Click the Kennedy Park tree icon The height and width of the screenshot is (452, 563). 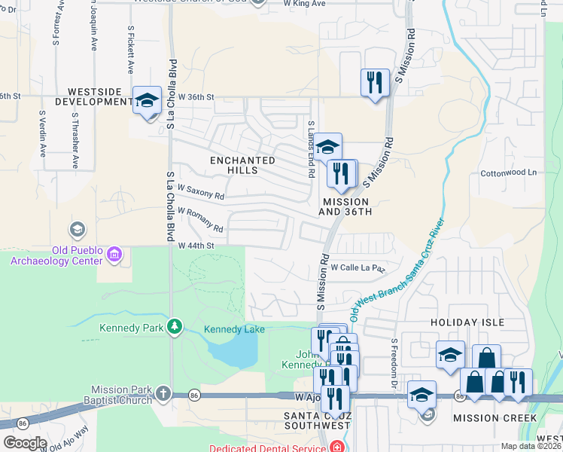[x=175, y=326]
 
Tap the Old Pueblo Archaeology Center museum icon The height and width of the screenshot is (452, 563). [x=114, y=255]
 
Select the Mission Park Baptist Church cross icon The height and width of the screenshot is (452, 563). [x=163, y=394]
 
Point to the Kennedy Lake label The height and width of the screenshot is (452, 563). [x=235, y=329]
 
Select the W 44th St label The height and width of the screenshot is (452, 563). [x=196, y=246]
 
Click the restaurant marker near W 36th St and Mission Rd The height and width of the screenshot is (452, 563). [x=375, y=81]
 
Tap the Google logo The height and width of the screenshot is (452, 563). [x=24, y=443]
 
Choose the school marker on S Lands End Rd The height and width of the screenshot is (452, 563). [x=327, y=147]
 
